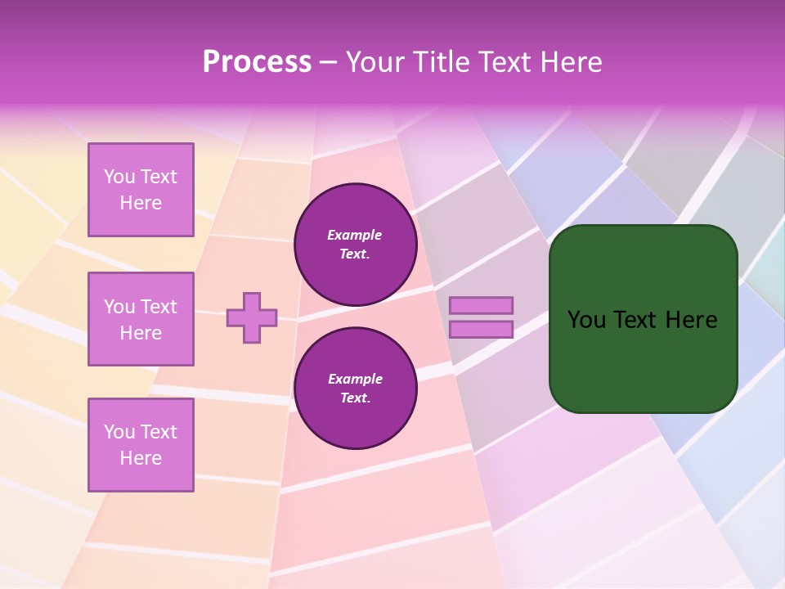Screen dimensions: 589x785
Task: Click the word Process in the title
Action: click(257, 62)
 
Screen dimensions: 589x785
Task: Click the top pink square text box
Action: click(141, 190)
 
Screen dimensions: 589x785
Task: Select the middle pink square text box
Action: click(141, 319)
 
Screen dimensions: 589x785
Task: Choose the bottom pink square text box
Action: click(141, 445)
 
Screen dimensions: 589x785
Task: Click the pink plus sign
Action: click(252, 317)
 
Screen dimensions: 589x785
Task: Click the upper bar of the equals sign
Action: click(481, 305)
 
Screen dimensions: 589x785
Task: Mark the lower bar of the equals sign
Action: click(481, 330)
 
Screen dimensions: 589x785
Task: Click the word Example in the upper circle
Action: click(355, 235)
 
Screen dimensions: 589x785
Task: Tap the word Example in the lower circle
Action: click(355, 379)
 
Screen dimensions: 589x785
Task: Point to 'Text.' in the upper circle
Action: click(355, 254)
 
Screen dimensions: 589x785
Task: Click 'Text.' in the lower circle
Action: click(355, 398)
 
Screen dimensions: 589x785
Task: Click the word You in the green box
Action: click(587, 320)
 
